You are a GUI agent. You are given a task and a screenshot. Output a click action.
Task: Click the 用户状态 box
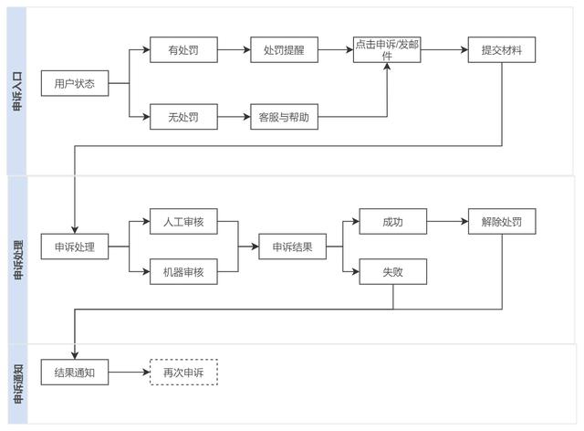75,86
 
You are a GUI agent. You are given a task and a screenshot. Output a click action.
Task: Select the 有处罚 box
183,50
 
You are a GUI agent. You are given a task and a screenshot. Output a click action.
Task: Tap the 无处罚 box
183,117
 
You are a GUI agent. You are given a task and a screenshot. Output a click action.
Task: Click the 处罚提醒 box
284,50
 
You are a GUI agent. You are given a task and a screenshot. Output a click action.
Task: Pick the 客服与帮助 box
284,117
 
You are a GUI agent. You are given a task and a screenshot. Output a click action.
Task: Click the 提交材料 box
501,50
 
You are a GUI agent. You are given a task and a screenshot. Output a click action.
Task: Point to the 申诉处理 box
75,247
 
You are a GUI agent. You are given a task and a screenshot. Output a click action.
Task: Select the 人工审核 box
183,222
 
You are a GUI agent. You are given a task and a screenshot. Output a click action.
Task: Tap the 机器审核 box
183,271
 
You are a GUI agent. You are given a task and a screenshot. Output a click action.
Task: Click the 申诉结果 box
292,247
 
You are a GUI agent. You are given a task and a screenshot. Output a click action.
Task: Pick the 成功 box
392,222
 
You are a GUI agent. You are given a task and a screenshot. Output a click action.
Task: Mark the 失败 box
392,271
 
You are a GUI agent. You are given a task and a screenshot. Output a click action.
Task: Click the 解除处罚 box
501,222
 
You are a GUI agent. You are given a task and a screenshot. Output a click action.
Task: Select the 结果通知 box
75,373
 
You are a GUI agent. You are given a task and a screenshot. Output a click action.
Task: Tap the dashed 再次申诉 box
183,373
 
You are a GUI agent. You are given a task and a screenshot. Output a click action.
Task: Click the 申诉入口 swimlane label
17,92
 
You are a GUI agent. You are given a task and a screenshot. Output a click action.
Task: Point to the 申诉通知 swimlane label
17,384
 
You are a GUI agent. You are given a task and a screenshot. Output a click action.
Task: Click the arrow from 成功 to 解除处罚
446,222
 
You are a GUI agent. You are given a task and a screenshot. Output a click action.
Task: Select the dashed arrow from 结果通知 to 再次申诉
129,373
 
